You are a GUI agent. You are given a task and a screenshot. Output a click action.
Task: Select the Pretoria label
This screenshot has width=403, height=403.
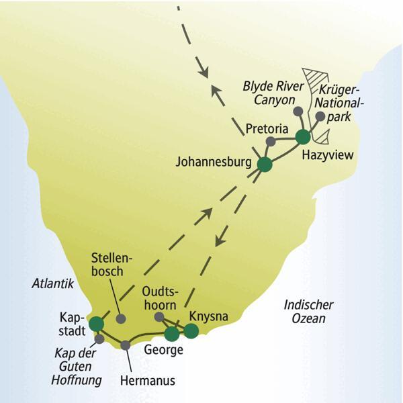tap(267, 128)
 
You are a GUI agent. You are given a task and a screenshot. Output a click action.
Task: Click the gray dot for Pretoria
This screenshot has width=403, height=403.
tap(270, 142)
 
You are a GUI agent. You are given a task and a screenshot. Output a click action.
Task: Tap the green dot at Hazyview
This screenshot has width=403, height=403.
tap(303, 137)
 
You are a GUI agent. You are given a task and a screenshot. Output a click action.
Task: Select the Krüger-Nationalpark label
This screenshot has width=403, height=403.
tap(343, 103)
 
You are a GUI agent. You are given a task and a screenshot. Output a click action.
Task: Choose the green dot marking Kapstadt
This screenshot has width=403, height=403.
tap(97, 324)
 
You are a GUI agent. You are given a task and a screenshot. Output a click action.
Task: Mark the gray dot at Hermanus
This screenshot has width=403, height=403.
tap(126, 345)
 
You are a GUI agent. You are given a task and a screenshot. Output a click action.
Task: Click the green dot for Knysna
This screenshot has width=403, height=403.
tap(191, 330)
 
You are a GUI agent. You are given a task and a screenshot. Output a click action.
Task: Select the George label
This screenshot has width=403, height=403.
tap(163, 349)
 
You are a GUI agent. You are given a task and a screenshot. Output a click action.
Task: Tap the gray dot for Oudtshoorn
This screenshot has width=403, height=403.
tap(159, 316)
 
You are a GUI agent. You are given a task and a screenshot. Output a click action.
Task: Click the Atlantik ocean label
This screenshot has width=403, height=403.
tap(52, 284)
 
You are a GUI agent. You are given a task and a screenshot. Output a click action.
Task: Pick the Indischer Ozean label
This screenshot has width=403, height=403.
tap(308, 311)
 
